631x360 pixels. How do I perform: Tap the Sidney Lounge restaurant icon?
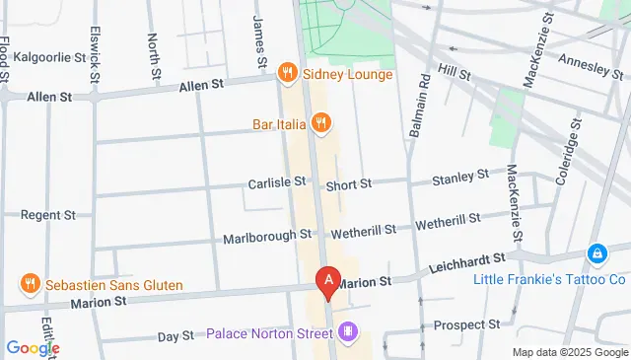coord(287,72)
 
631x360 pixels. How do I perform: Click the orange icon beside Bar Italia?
coord(319,123)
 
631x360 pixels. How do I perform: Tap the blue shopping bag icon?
coord(596,254)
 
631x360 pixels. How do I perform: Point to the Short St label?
coord(350,183)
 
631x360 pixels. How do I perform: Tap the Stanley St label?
coord(461,179)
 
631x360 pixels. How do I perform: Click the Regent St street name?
coord(48,214)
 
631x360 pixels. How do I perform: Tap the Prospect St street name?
coord(468,324)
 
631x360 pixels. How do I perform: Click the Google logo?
coord(34,347)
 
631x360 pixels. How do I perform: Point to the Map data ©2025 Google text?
coord(569,352)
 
